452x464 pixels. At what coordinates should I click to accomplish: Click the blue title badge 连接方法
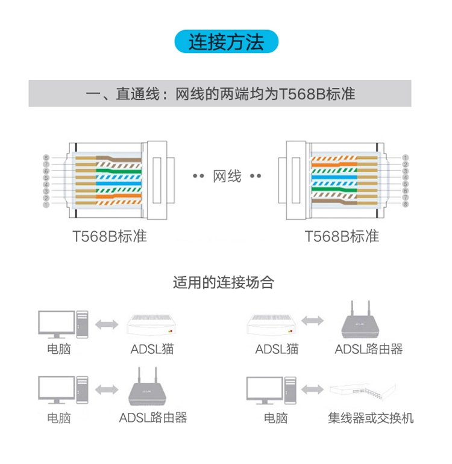226,42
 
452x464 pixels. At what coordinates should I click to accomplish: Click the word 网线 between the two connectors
227,176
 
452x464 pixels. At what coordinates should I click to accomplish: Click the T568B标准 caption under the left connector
110,236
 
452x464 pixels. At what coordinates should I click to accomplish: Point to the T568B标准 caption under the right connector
342,236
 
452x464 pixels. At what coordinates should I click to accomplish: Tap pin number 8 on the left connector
46,158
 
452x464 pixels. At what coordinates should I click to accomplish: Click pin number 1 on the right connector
406,158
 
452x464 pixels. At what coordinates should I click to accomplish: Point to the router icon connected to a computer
150,388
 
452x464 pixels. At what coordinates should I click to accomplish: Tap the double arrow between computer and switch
312,389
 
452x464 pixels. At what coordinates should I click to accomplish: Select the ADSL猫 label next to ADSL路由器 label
277,349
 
